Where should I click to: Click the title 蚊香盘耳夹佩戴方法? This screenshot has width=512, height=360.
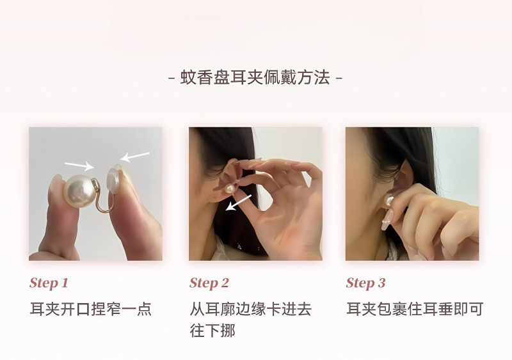255,78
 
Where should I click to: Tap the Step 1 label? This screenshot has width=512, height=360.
49,283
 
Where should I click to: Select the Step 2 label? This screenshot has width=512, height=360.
209,283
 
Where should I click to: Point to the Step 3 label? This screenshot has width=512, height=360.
365,283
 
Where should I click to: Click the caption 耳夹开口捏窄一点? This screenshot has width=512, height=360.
91,309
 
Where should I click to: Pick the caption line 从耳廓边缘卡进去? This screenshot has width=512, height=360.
250,309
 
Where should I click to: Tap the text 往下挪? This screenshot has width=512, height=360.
212,331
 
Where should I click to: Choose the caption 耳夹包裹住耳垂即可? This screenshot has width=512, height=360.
415,309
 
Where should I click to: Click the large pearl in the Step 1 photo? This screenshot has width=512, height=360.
78,191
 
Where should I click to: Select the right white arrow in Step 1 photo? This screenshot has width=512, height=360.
134,156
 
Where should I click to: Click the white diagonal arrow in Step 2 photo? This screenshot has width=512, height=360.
239,202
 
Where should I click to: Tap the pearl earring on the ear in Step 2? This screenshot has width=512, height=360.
229,189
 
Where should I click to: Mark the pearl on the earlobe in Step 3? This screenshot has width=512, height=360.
389,200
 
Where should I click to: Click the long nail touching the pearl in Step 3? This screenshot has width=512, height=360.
388,219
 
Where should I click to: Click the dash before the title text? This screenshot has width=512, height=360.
172,79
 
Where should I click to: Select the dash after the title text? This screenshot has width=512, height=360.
339,79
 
